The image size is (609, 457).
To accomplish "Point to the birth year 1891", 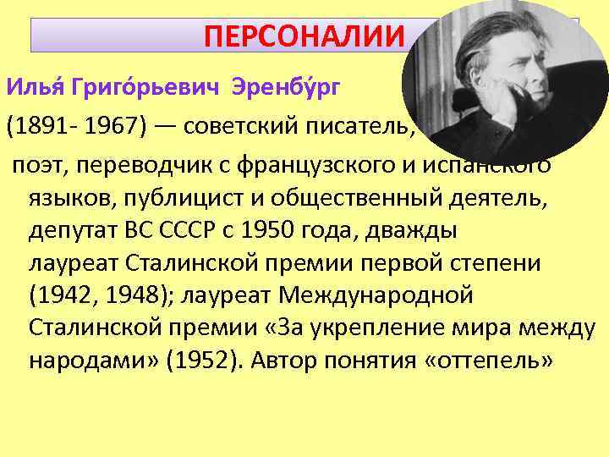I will coord(38,128).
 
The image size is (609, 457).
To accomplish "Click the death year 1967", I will coord(110,128).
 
